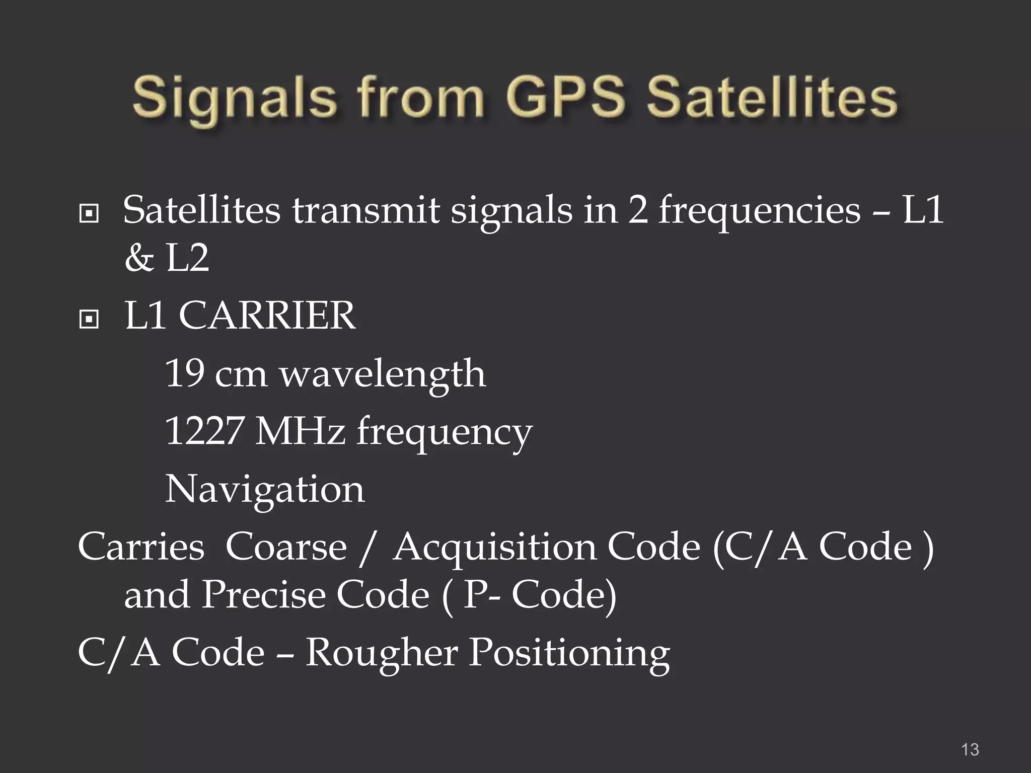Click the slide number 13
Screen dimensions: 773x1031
click(970, 749)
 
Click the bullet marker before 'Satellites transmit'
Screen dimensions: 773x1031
click(89, 214)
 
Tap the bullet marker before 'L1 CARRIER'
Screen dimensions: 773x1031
click(89, 319)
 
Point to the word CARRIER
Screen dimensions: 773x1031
click(267, 316)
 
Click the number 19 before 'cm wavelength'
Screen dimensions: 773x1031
click(184, 373)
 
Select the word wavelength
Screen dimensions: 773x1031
click(383, 374)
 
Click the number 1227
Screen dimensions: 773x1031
click(204, 431)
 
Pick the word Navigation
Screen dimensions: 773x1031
click(265, 489)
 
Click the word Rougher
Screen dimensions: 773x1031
click(381, 653)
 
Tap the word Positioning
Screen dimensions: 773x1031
click(569, 654)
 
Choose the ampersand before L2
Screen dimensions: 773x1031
click(139, 259)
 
